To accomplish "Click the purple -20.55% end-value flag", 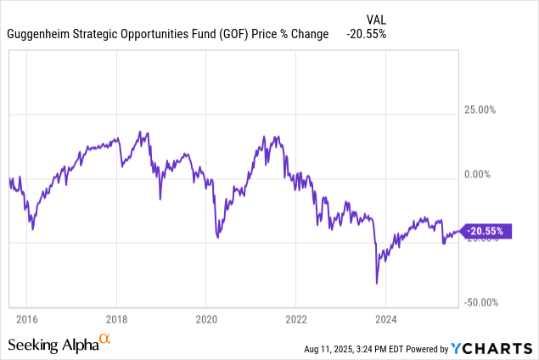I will [487, 231].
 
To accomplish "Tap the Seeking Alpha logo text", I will [53, 345].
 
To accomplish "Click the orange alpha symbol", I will [105, 340].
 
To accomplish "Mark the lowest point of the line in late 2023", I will [375, 284].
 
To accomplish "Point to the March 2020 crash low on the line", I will [217, 238].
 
